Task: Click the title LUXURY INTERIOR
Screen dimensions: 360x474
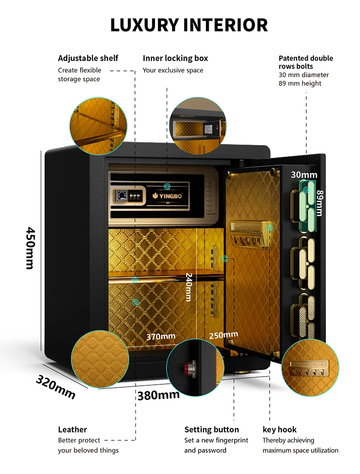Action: pos(189,25)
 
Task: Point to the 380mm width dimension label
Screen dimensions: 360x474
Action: pos(158,395)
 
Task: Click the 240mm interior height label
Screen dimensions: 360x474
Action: pos(189,287)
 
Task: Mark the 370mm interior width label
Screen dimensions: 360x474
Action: pos(161,336)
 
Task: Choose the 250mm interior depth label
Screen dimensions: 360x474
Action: pos(224,334)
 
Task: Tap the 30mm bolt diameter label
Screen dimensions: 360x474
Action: pos(304,175)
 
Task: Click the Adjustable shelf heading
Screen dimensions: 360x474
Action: pos(88,58)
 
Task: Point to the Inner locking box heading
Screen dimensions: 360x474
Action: pos(175,58)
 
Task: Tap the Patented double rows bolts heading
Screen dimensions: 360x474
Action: pos(306,62)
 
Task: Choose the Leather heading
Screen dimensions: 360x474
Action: pos(72,429)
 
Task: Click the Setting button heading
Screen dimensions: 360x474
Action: pos(211,429)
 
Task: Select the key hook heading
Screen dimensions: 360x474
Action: pos(279,429)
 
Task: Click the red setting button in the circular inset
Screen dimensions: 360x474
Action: pos(186,368)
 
